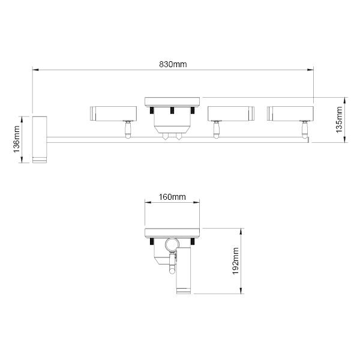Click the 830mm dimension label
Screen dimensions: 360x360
173,65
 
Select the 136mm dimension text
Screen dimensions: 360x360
17,139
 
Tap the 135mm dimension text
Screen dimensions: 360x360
339,119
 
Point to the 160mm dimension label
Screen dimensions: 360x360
172,197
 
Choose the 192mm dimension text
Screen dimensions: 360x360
236,261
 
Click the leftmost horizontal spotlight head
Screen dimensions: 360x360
113,113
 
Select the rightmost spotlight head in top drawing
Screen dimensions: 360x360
290,113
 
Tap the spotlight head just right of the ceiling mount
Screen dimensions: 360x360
231,113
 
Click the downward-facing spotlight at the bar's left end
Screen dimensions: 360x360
40,140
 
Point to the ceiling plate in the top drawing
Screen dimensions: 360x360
172,102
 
